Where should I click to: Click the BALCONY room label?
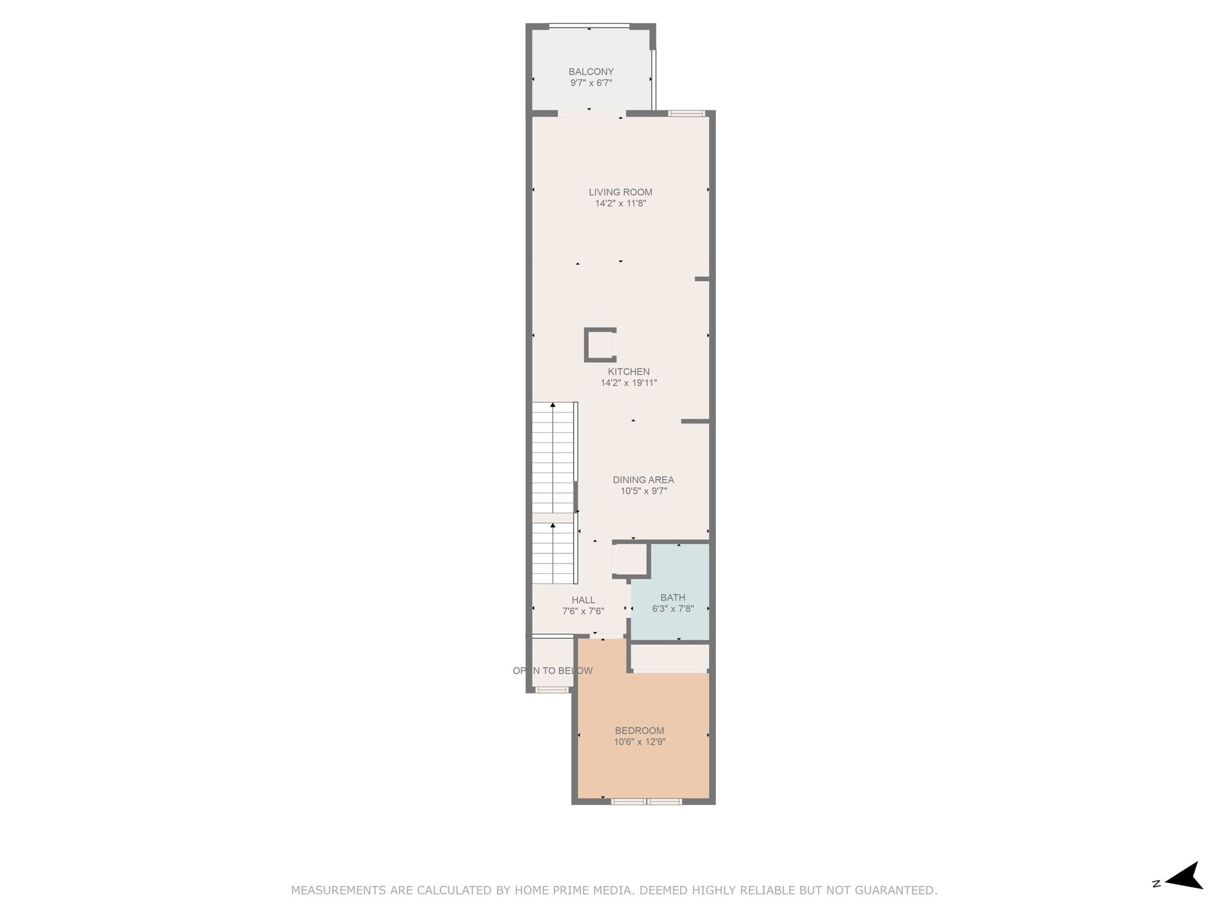click(591, 71)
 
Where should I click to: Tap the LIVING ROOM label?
click(621, 192)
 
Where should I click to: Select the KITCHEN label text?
click(628, 372)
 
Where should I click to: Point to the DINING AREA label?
click(643, 480)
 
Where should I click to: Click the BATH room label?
click(673, 597)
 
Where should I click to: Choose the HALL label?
click(583, 600)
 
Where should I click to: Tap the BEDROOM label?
click(640, 731)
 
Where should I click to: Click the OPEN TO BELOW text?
click(553, 670)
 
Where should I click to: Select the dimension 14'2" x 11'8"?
click(621, 203)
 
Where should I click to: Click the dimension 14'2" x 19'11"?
click(629, 383)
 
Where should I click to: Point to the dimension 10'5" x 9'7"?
click(644, 491)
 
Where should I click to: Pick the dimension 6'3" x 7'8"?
click(673, 609)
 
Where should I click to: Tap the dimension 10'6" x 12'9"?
click(640, 742)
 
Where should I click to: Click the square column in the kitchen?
click(600, 345)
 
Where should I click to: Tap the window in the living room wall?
click(687, 113)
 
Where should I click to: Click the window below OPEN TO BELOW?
click(552, 690)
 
